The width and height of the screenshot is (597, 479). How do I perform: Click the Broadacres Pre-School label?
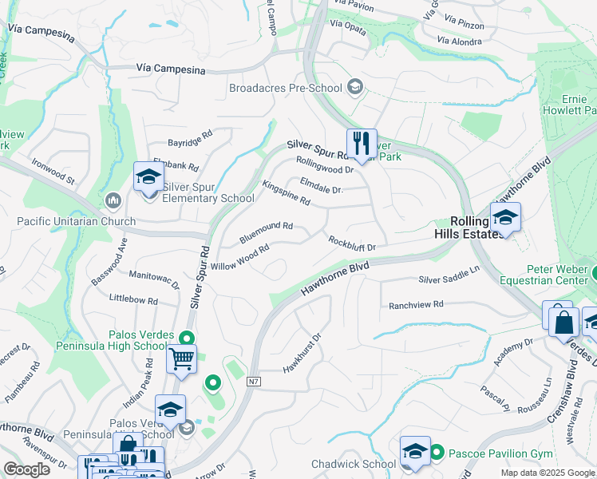pos(286,88)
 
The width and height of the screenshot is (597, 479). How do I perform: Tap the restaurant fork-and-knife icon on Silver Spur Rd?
pos(361,144)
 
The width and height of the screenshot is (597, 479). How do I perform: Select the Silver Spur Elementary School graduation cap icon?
pos(148,178)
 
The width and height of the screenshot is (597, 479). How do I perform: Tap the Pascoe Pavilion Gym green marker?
pos(437,453)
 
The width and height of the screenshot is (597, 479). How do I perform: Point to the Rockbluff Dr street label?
pos(352,241)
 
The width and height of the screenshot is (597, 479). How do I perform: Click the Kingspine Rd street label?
pos(286,193)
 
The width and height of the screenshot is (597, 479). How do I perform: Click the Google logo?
pos(27,469)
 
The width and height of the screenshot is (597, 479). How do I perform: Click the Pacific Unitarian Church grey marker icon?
pos(112,199)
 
